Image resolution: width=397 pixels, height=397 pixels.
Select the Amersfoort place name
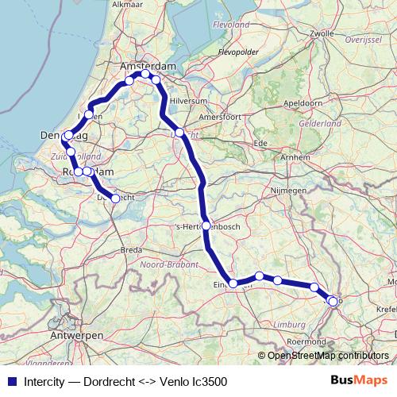[x=227, y=116]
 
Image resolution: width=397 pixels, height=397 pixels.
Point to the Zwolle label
[x=322, y=33]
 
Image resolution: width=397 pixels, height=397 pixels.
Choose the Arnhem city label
[x=295, y=157]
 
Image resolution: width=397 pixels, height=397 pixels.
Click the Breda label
[x=131, y=249]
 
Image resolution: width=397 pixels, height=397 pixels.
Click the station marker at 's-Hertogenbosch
[x=206, y=226]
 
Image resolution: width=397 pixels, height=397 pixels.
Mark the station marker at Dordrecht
[x=115, y=198]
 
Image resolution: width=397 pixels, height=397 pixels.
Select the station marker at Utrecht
[x=180, y=133]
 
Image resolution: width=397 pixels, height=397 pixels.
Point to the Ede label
[x=259, y=142]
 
